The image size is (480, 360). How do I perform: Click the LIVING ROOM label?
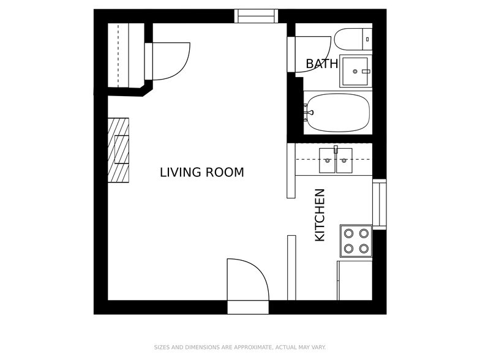pos(201,172)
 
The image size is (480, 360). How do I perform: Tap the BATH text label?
pos(321,64)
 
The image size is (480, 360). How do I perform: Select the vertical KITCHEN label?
pos(320,215)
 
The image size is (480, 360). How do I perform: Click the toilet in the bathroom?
pos(353,39)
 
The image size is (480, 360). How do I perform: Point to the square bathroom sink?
pos(355,71)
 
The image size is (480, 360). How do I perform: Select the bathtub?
pos(338,112)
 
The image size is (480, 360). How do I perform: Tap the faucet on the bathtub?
pos(309,112)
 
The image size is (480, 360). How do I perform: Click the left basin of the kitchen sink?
pos(328,160)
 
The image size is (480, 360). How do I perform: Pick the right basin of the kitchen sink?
pos(343,160)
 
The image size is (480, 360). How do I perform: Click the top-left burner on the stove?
pos(349,233)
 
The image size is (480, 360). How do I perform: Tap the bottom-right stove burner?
pos(364,248)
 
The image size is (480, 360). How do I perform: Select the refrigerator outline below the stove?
pos(354,280)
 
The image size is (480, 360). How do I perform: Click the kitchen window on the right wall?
pos(380,203)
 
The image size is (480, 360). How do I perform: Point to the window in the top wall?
pos(257,16)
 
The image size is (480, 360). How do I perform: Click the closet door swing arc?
pos(171,61)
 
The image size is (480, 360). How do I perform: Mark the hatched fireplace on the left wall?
pos(119,149)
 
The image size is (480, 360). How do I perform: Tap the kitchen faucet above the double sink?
pos(336,149)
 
